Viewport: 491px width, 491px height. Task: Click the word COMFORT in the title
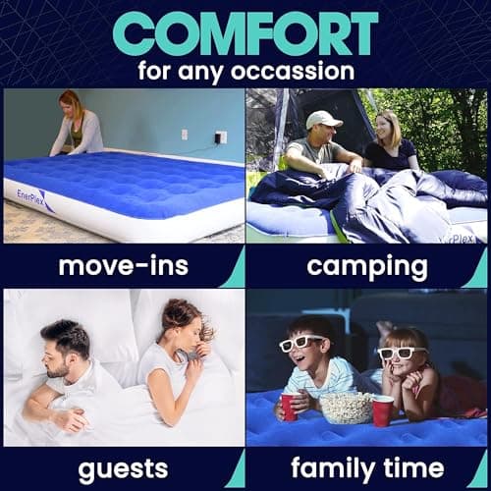click(x=245, y=32)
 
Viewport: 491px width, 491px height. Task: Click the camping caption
click(x=353, y=265)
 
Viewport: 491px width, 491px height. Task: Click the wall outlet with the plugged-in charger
click(x=220, y=137)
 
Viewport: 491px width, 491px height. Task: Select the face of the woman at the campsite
click(x=386, y=129)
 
